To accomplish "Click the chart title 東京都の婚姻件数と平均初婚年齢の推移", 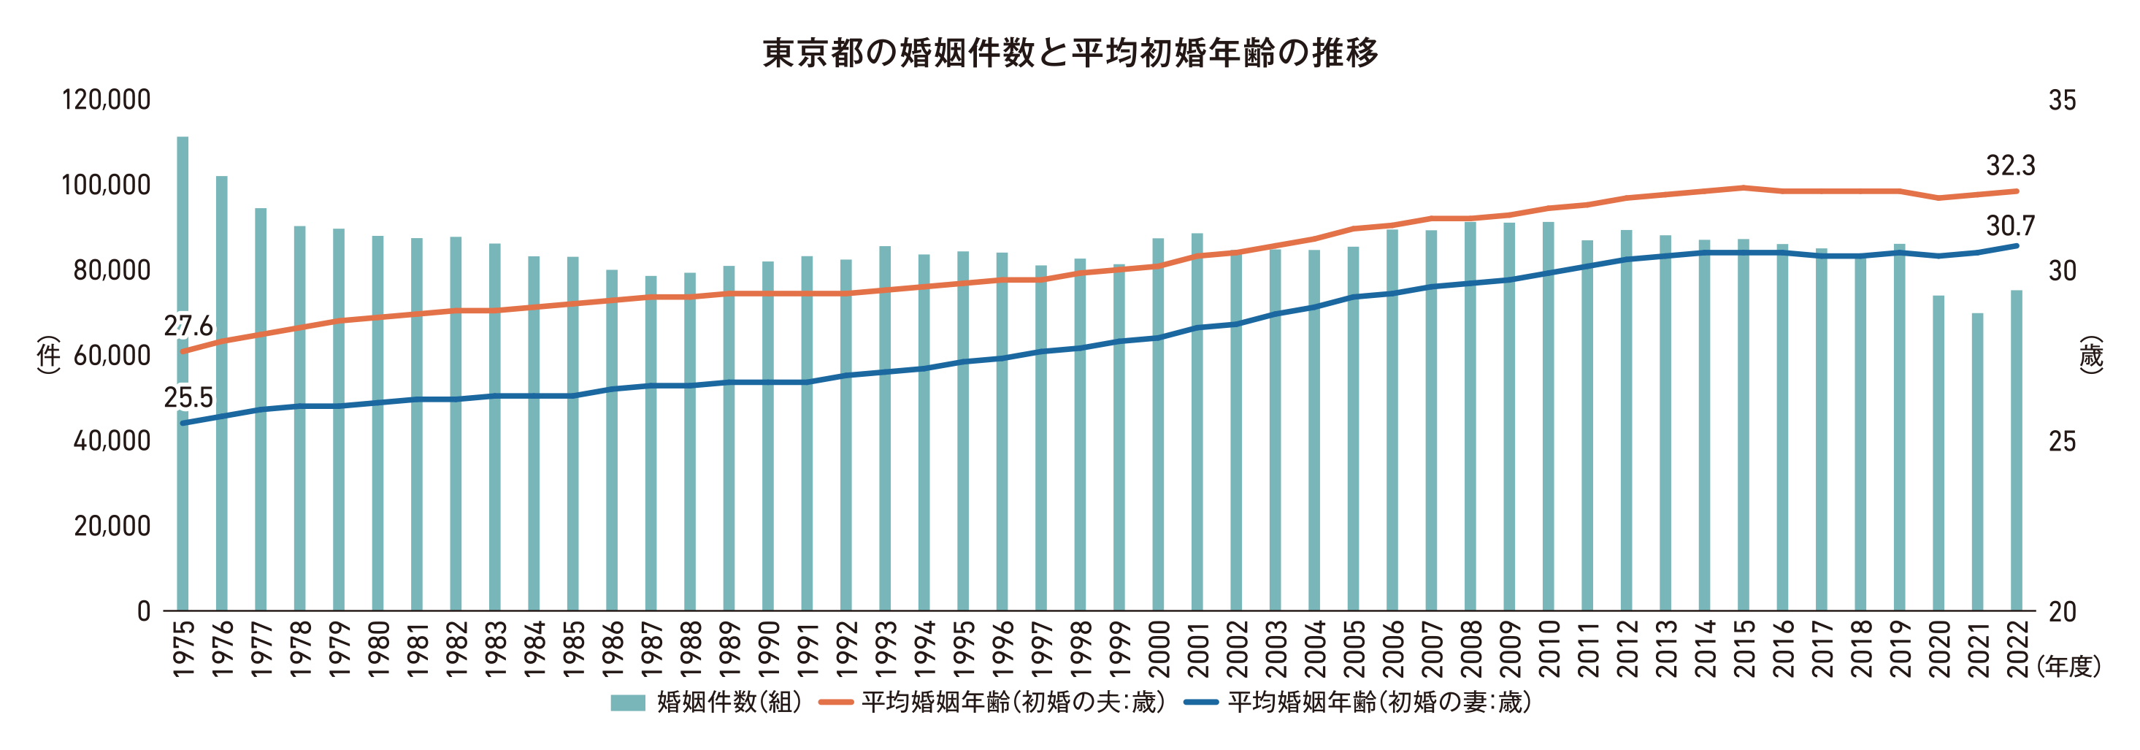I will click(x=1070, y=53).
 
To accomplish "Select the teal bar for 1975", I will click(x=183, y=374).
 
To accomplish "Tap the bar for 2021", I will click(x=1977, y=462).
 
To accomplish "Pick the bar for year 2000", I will click(x=1158, y=424).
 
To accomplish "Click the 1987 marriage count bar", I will click(x=651, y=443).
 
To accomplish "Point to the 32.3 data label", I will click(x=2011, y=165).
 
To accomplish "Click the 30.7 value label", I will click(x=2011, y=225).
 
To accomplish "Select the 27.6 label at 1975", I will click(x=188, y=326).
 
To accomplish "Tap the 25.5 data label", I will click(x=188, y=398).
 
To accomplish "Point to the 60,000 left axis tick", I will click(x=112, y=356).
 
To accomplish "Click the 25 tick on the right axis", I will click(x=2062, y=441).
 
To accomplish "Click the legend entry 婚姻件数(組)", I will click(x=706, y=703).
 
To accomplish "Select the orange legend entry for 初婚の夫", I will click(x=993, y=703).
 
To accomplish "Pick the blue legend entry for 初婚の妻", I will click(x=1359, y=703).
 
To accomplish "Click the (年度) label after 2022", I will click(x=2068, y=665).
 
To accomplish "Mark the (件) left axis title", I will click(x=49, y=355).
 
